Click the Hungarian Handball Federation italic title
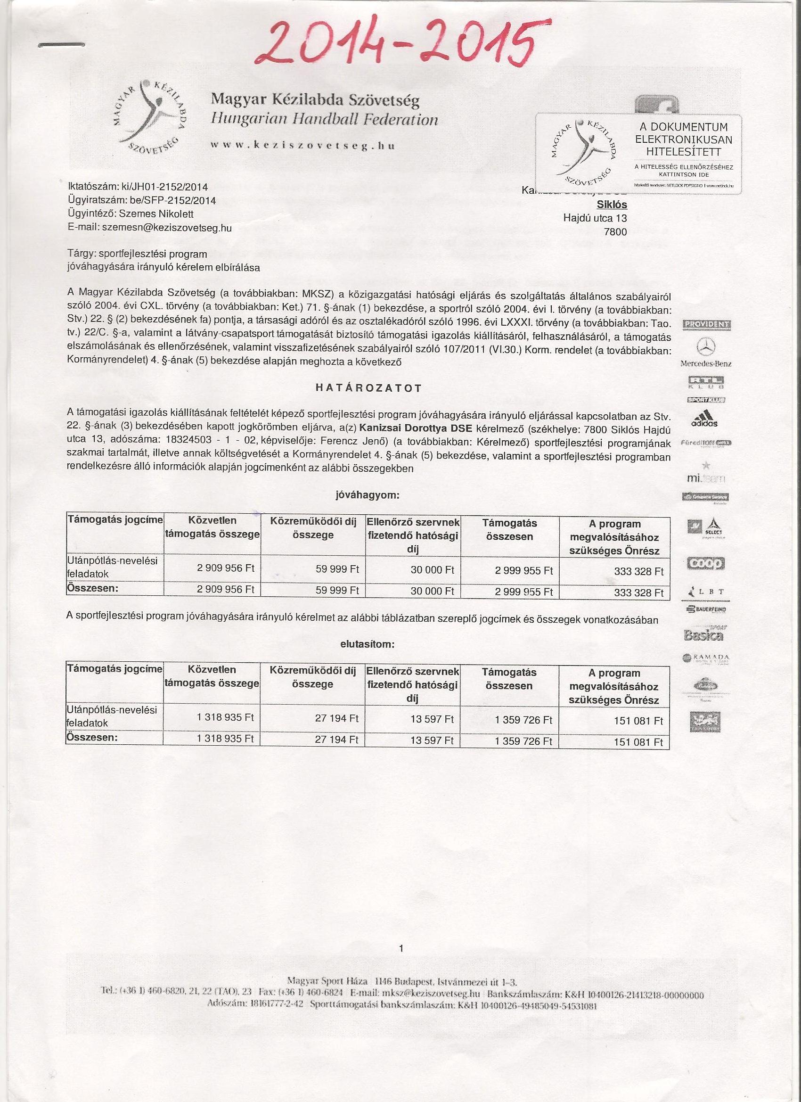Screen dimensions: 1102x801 [324, 120]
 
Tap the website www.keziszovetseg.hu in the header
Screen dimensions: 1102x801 [302, 145]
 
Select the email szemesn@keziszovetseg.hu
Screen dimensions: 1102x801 [167, 227]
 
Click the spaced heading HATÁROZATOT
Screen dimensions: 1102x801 [368, 388]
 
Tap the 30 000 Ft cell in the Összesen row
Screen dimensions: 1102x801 [433, 591]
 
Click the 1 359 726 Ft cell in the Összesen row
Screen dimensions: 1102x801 [523, 741]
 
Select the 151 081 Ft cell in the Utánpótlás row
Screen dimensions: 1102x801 [638, 721]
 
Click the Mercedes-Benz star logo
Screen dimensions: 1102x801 [706, 347]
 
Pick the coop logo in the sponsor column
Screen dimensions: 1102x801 [705, 563]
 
